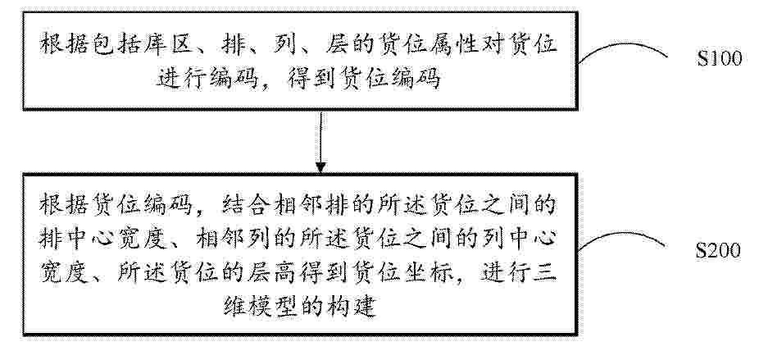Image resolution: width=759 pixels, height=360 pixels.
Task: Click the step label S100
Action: pyautogui.click(x=720, y=58)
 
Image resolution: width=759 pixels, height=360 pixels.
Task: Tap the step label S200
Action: pyautogui.click(x=718, y=250)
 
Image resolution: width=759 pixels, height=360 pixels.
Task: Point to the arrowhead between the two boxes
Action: pyautogui.click(x=320, y=167)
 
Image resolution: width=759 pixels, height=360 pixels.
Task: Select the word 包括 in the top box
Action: pyautogui.click(x=125, y=45)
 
